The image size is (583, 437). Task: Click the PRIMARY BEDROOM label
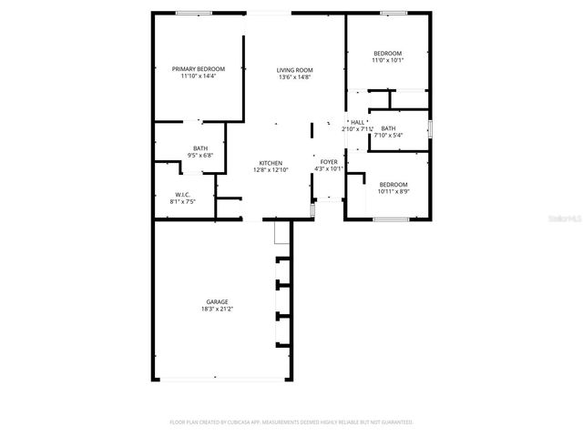[x=199, y=68]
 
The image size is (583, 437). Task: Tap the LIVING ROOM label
[x=295, y=70]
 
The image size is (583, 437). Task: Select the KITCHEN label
[x=270, y=163]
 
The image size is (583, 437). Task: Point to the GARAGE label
[x=216, y=301]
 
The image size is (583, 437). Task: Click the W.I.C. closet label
[x=181, y=195]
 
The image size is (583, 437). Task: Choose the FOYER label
[x=328, y=161]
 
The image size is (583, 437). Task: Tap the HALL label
[x=357, y=122]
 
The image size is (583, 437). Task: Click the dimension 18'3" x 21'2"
[x=216, y=309]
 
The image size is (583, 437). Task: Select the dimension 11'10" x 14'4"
[x=199, y=76]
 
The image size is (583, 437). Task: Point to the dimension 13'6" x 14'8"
[x=295, y=77]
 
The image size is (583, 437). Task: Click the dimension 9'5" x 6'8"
[x=200, y=156]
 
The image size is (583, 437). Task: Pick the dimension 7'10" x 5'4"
[x=388, y=136]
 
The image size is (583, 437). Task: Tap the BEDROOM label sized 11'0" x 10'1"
[x=387, y=54]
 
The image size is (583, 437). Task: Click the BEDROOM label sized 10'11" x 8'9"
[x=393, y=183]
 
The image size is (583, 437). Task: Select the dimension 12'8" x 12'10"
[x=270, y=170]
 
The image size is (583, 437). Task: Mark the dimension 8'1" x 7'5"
[x=181, y=202]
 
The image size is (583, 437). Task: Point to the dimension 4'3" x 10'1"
[x=328, y=168]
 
